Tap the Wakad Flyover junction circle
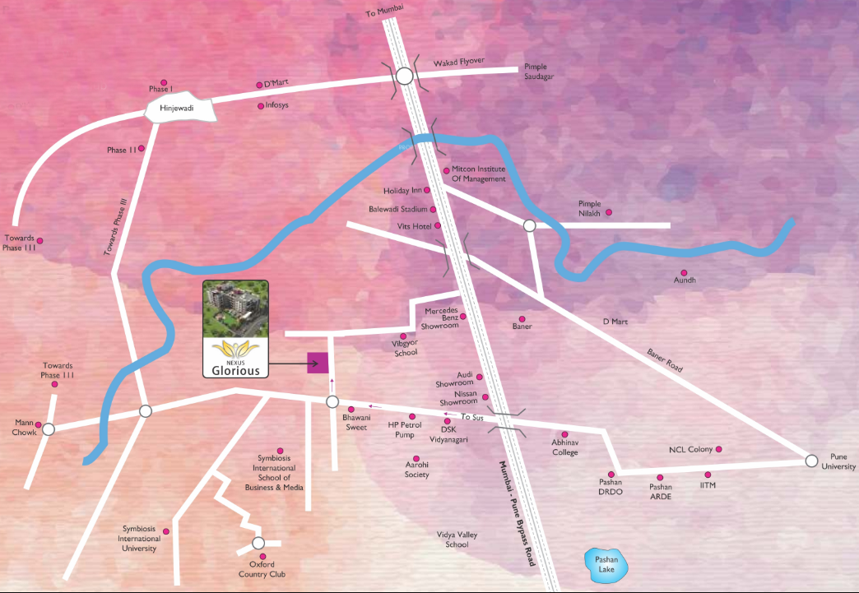tap(404, 76)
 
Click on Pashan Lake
tap(605, 565)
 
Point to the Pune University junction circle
tap(812, 461)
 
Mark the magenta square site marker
tap(318, 363)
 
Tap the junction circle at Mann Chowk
tap(49, 429)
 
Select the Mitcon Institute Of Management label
tap(479, 174)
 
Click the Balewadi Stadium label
tap(397, 209)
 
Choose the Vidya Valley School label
tap(457, 540)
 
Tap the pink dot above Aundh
tap(682, 272)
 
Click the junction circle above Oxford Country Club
tap(258, 543)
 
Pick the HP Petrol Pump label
tap(405, 429)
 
